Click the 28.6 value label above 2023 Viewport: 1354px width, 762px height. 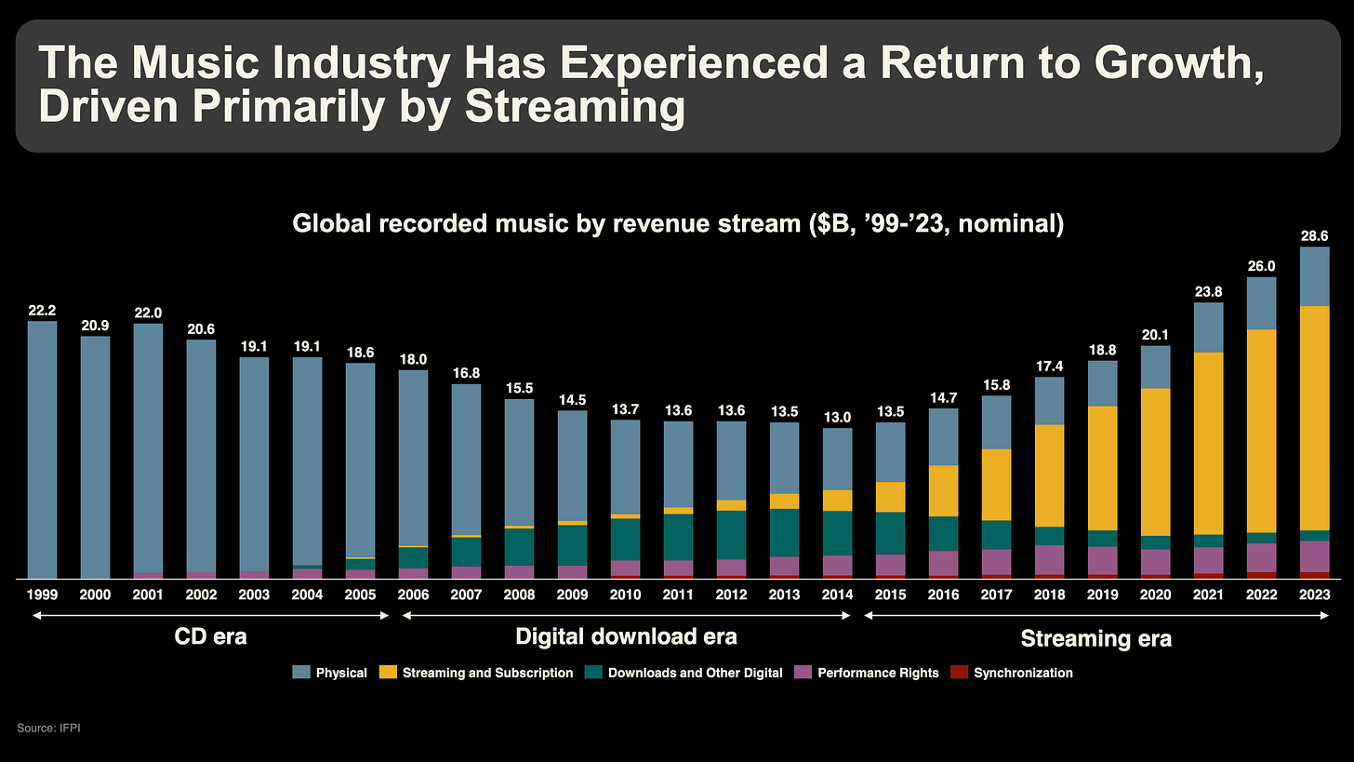click(1314, 237)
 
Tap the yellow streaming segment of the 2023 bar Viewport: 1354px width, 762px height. click(1314, 418)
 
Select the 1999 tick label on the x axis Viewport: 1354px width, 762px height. click(42, 594)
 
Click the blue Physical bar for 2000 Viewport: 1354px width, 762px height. click(95, 456)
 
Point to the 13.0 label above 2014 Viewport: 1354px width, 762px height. click(837, 418)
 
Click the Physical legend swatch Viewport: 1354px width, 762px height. click(301, 673)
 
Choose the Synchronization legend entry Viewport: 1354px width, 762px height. click(1023, 673)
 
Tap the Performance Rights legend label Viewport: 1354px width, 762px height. click(878, 673)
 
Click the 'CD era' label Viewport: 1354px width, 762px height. click(210, 637)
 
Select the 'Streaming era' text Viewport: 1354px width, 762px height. click(1095, 638)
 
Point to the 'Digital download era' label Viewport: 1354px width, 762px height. click(626, 637)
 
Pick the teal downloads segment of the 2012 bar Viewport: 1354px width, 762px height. click(731, 535)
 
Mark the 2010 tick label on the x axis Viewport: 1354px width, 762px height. click(625, 594)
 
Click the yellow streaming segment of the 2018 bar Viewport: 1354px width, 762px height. click(1049, 475)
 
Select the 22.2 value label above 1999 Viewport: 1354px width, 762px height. click(42, 311)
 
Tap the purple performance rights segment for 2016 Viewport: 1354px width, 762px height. click(943, 563)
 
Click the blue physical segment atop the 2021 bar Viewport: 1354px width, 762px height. click(1208, 328)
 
